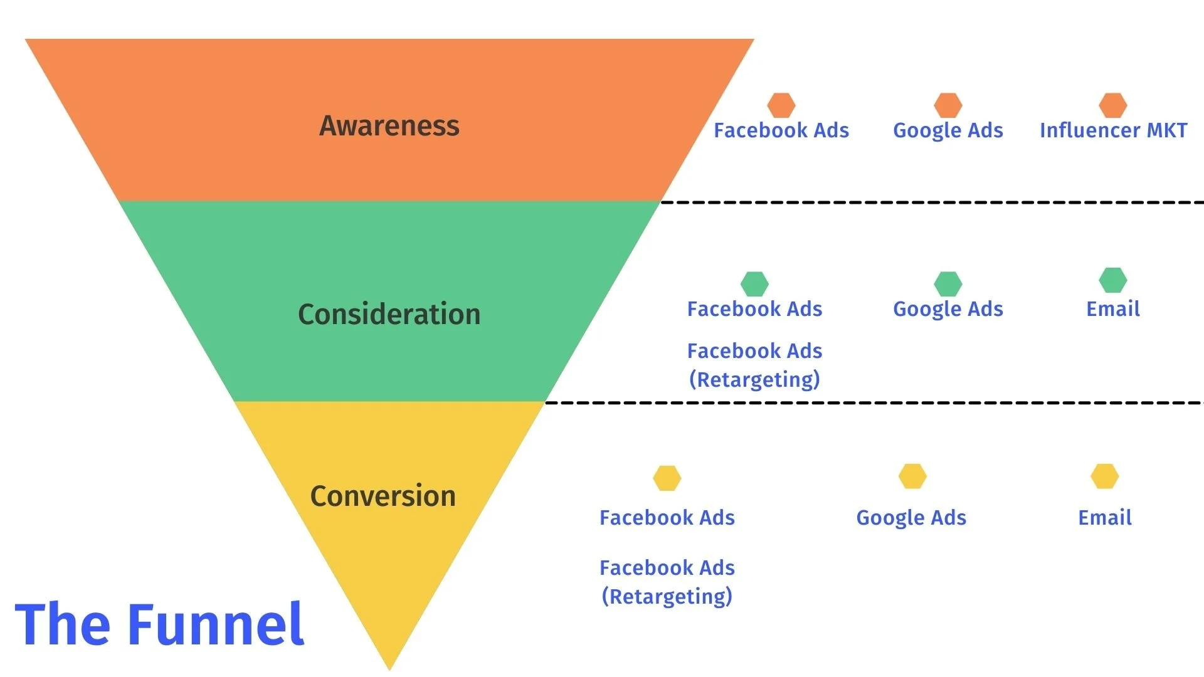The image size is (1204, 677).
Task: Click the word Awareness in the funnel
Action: (389, 126)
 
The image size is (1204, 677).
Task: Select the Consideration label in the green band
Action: (389, 314)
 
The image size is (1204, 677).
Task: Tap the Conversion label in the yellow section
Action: (383, 496)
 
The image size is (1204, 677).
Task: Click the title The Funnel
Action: (159, 624)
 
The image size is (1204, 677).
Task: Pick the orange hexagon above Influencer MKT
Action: (1113, 105)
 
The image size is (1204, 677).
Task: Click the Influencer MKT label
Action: (1113, 130)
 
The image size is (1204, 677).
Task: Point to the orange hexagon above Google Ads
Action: (948, 105)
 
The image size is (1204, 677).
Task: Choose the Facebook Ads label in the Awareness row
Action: (781, 130)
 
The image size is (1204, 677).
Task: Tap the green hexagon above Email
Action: (1113, 280)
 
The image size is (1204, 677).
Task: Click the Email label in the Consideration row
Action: (1113, 309)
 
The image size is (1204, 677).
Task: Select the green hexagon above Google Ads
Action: (948, 284)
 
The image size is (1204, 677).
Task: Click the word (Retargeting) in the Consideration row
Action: (754, 380)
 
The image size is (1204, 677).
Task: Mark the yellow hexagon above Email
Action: (1104, 476)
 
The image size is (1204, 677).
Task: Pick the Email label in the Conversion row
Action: (1104, 518)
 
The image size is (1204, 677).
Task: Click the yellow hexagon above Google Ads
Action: (912, 476)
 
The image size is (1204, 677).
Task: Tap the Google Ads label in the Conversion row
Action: (911, 518)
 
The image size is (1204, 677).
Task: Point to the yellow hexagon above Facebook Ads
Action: (667, 478)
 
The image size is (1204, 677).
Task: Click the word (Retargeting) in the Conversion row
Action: (667, 597)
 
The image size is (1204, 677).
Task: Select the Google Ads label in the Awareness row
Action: (948, 130)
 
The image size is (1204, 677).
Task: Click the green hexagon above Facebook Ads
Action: (754, 284)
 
